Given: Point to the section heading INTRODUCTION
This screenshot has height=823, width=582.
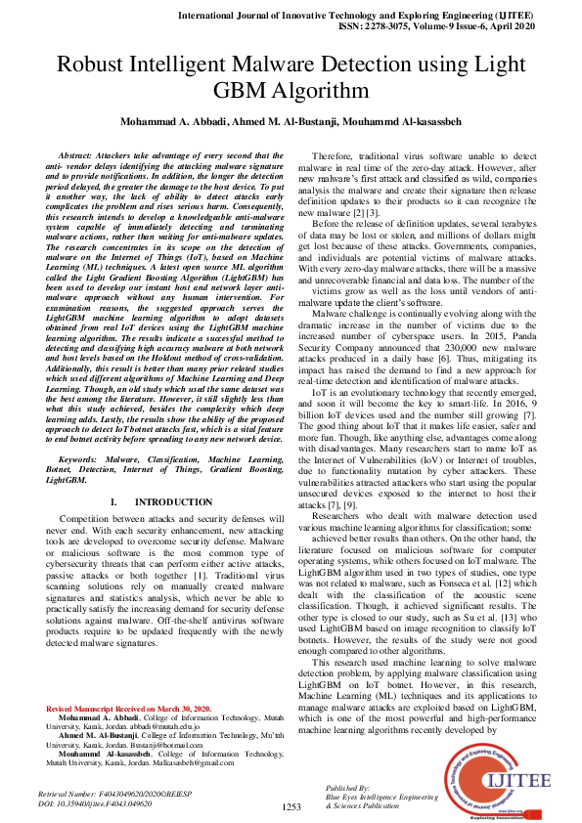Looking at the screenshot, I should point(165,502).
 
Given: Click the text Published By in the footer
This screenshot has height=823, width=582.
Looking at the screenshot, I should point(348,787).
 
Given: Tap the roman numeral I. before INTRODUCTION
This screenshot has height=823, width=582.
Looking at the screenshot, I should point(113,502).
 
